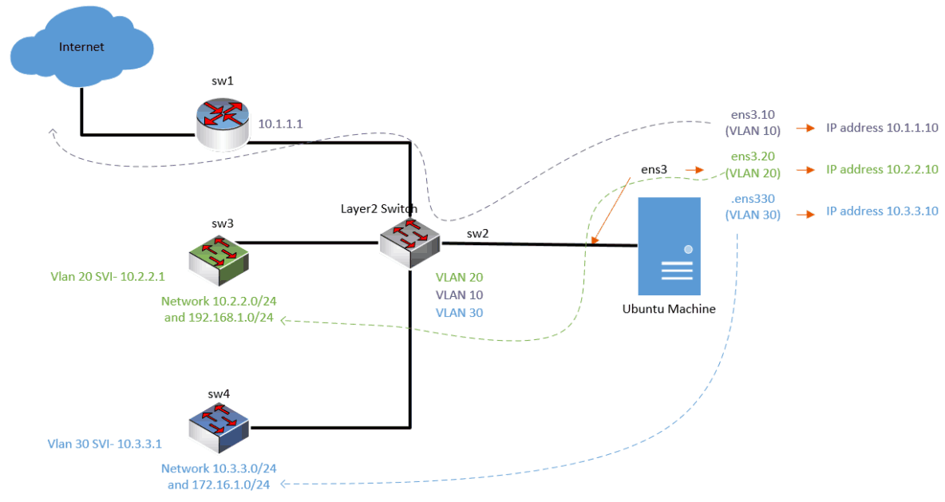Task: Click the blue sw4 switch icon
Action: coord(218,428)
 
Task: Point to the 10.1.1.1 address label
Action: coord(281,125)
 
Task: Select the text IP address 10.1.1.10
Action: coord(882,128)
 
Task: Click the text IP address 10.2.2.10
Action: coord(882,170)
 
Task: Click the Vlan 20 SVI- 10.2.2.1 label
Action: coord(106,276)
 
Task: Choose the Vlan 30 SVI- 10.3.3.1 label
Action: coord(105,444)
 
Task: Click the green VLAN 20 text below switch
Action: coord(459,278)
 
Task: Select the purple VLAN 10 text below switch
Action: coord(459,295)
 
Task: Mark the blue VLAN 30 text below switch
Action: coord(459,313)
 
